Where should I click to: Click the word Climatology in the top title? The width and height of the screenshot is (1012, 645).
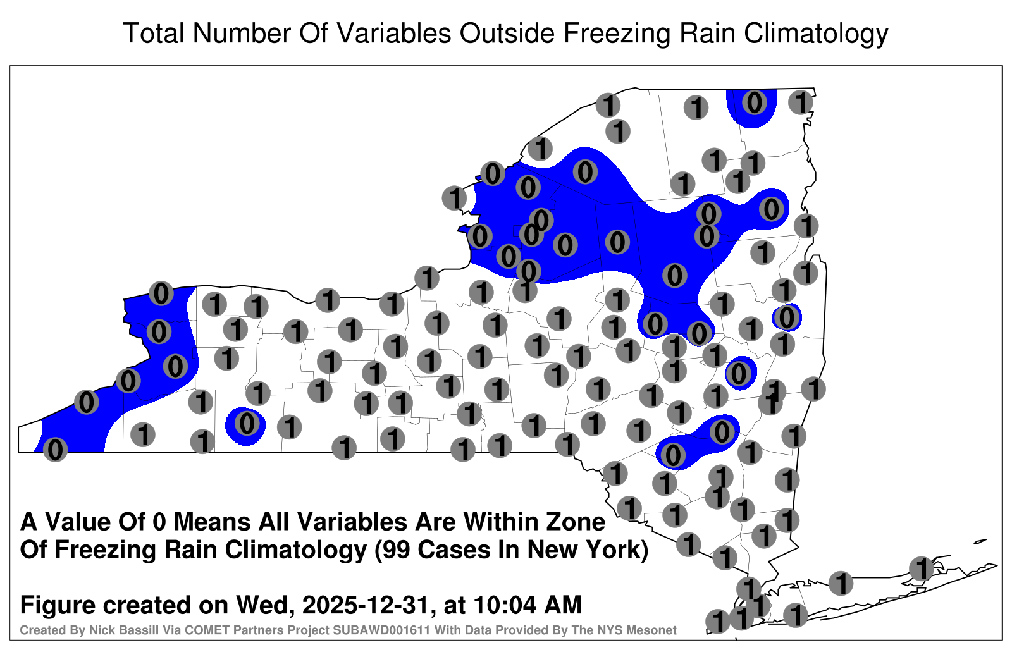pyautogui.click(x=815, y=34)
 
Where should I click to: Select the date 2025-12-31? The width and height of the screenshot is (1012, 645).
pyautogui.click(x=365, y=605)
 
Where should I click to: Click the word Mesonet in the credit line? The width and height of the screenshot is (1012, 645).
pyautogui.click(x=655, y=630)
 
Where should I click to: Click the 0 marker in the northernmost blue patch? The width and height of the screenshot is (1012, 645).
pyautogui.click(x=754, y=102)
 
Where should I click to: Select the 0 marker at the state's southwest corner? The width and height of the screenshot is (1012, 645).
pyautogui.click(x=55, y=450)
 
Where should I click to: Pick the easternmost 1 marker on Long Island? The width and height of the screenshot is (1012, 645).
pyautogui.click(x=921, y=568)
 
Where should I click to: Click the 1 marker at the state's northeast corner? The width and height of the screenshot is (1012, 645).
pyautogui.click(x=801, y=102)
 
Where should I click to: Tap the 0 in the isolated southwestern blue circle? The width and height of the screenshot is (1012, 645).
pyautogui.click(x=247, y=423)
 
